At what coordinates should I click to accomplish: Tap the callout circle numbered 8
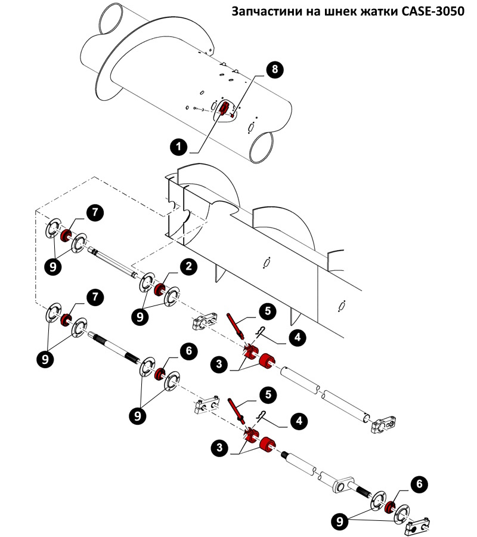tap(274, 69)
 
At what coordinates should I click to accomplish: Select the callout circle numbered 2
tap(188, 267)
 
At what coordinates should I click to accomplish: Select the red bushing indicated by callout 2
tap(160, 290)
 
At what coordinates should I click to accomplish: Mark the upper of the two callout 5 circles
tap(268, 310)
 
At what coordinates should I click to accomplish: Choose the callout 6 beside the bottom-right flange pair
tap(420, 484)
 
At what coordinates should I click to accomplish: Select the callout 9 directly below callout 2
tap(141, 316)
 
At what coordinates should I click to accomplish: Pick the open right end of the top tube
tap(261, 146)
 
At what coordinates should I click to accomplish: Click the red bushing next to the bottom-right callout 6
tap(391, 508)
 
